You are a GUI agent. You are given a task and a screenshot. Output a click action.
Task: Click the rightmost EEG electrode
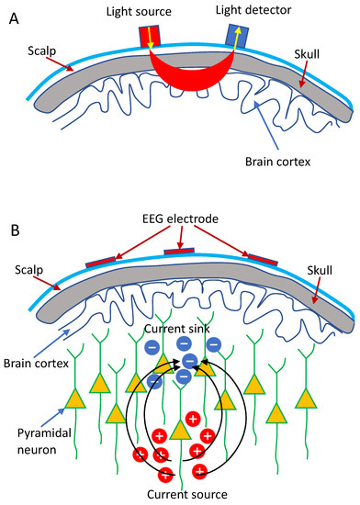pyautogui.click(x=260, y=262)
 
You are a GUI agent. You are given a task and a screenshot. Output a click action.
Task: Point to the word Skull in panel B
pyautogui.click(x=317, y=273)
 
